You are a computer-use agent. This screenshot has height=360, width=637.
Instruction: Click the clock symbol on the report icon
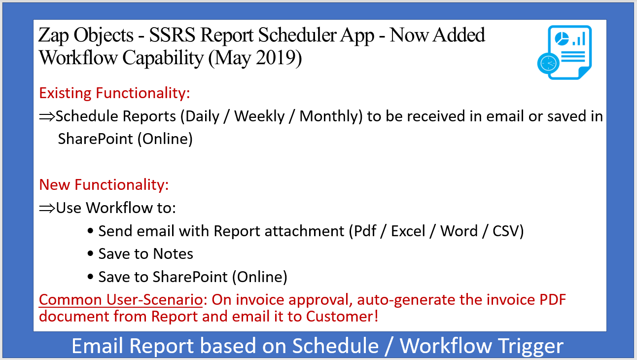pos(548,63)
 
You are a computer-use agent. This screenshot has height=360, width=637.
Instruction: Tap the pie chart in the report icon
pos(562,38)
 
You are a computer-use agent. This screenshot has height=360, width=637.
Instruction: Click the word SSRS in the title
pos(173,36)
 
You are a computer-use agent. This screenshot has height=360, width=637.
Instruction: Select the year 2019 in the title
pos(275,58)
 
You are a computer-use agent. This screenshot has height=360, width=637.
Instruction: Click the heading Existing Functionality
pos(114,93)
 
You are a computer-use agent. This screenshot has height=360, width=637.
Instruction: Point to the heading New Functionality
pos(104,185)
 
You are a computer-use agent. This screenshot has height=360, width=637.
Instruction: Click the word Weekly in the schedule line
pos(259,116)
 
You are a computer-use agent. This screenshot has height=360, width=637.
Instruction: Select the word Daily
pos(203,116)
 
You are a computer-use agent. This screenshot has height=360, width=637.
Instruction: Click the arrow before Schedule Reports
pos(47,116)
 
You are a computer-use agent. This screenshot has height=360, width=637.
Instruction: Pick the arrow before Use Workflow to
pos(47,209)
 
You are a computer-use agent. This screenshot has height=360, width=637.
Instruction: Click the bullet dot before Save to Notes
pos(90,253)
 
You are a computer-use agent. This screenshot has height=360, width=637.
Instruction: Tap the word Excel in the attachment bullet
pos(408,231)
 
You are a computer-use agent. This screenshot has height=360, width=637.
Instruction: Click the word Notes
pos(173,254)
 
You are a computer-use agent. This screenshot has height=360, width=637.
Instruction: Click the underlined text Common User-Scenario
pos(121,300)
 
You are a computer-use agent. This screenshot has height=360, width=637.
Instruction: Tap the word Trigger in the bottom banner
pos(531,346)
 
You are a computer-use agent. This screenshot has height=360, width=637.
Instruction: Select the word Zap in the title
pos(53,36)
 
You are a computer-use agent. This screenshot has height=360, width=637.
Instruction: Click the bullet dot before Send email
pos(90,231)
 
